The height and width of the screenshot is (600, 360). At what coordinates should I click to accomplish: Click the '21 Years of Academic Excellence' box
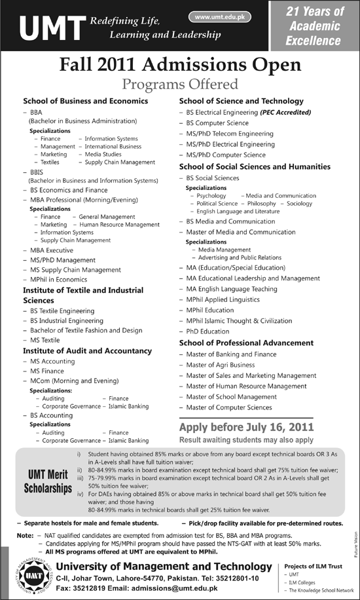314,26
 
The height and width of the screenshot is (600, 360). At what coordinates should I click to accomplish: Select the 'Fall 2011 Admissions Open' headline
180,65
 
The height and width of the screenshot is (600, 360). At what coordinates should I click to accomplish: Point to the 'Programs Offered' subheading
180,84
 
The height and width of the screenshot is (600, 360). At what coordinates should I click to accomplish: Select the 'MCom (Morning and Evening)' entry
74,380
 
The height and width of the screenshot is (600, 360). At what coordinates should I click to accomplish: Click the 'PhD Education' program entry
207,331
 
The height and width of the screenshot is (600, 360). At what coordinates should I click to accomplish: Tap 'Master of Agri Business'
220,365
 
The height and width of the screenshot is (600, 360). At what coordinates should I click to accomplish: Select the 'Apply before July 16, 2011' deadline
246,427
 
